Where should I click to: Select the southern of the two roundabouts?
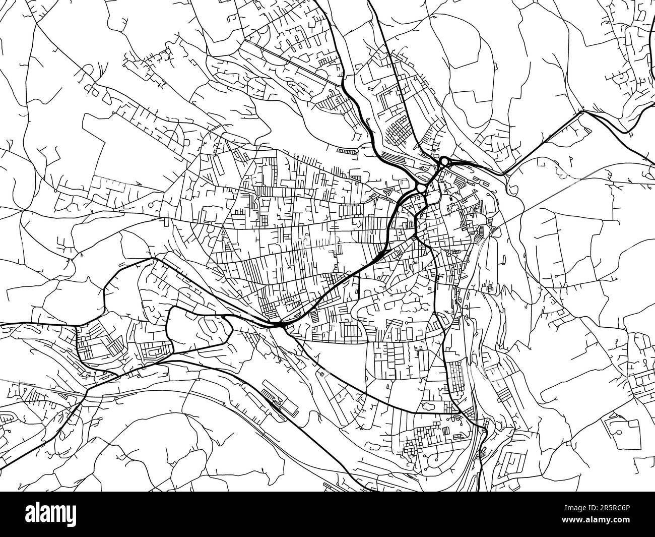click(421, 188)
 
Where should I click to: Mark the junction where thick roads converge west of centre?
click(279, 325)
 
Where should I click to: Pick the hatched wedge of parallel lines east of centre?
click(481, 231)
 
